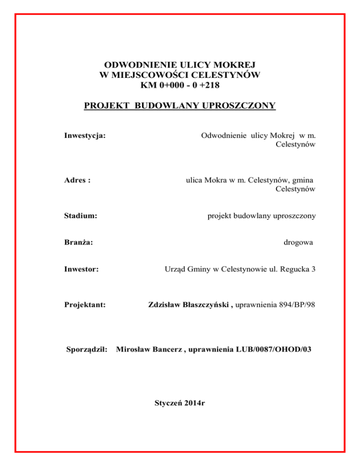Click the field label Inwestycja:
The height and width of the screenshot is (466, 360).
(84, 136)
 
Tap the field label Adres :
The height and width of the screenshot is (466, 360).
(77, 180)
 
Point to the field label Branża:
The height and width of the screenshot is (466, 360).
(78, 242)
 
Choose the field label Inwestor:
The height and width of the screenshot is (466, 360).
(81, 270)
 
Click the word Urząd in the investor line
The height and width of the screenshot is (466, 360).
(176, 270)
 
